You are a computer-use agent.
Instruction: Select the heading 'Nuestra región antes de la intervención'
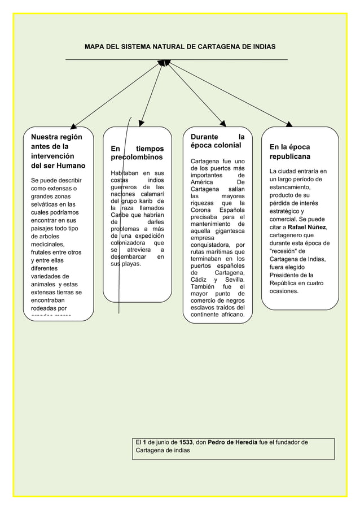[59, 151]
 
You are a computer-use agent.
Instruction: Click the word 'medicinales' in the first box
[48, 245]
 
